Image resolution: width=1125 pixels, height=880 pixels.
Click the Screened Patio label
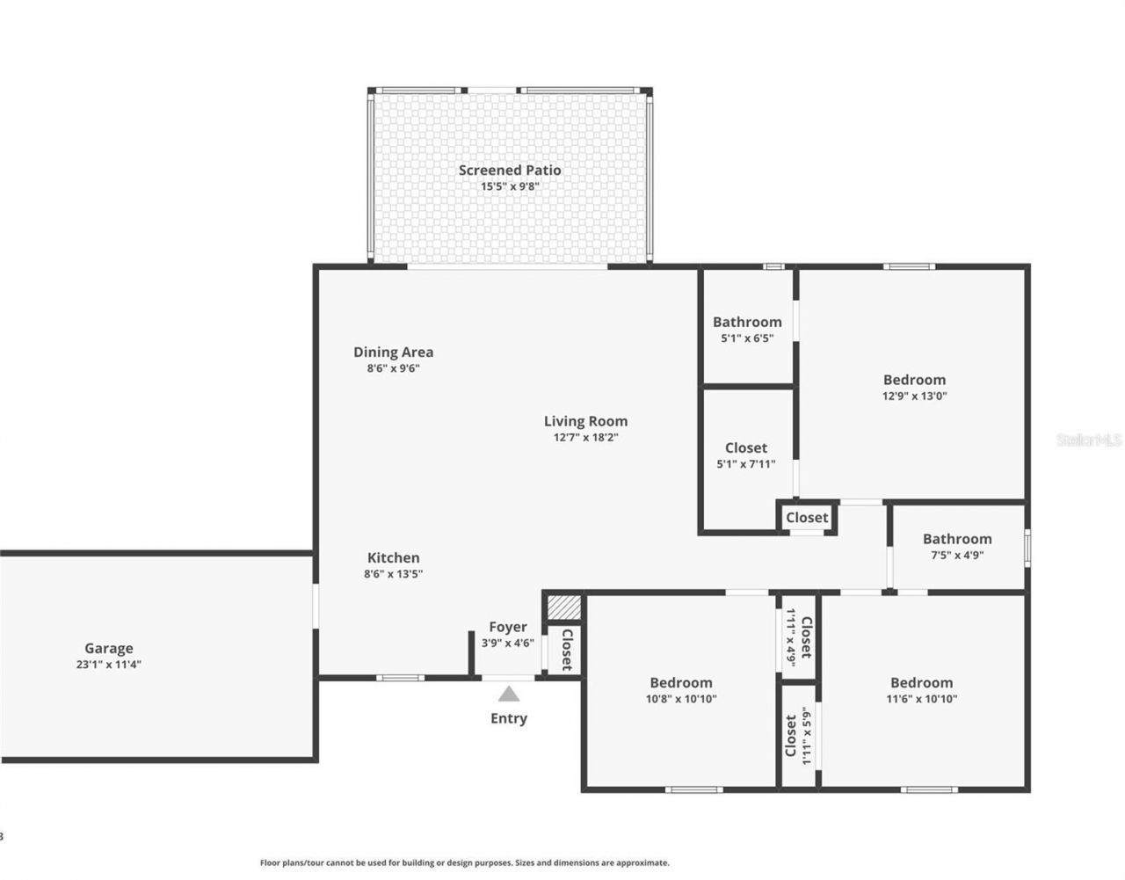click(x=510, y=171)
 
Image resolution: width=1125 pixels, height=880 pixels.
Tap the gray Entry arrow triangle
click(x=509, y=694)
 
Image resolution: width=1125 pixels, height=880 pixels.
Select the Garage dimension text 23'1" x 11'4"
click(x=109, y=665)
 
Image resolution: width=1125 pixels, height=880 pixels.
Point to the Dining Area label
click(x=393, y=352)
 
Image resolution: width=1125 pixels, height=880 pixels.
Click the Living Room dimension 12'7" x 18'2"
click(x=585, y=437)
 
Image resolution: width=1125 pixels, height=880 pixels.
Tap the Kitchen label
click(x=393, y=557)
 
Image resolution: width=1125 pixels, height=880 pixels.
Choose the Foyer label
click(x=508, y=627)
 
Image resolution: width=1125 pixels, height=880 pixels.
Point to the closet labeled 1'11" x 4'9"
click(x=798, y=636)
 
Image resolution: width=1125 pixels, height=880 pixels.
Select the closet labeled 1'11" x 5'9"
click(x=798, y=735)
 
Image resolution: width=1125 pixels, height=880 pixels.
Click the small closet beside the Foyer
click(x=567, y=650)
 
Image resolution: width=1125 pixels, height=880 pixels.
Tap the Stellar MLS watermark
click(x=1089, y=439)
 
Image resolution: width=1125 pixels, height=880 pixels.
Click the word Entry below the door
click(x=509, y=718)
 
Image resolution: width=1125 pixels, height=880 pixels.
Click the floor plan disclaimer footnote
click(x=464, y=863)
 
